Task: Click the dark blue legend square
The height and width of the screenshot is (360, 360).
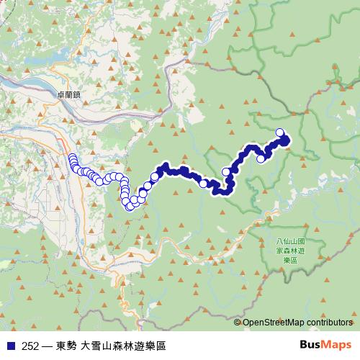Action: coord(9,346)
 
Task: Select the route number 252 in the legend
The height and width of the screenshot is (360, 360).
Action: coord(30,346)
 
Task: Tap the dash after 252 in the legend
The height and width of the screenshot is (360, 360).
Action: coord(47,346)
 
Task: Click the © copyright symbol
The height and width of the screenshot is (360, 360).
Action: coord(238,323)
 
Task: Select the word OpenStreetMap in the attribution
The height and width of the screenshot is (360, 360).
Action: coord(273,323)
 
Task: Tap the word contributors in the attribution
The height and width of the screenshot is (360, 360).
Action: coord(328,323)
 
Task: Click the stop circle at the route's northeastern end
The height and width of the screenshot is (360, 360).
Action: coord(281,132)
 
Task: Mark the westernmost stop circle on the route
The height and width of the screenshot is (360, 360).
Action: coord(72,158)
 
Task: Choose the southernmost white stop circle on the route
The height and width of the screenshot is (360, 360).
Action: coord(130,207)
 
